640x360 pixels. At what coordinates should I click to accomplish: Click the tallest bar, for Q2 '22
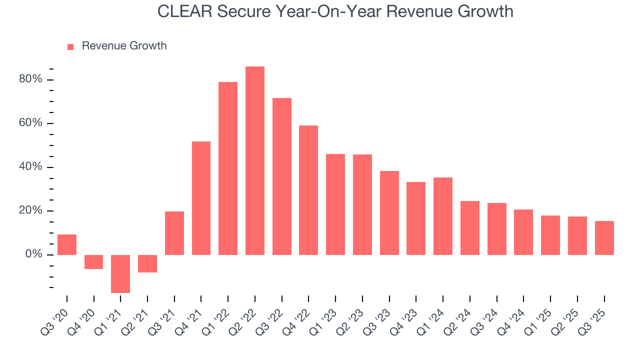point(254,160)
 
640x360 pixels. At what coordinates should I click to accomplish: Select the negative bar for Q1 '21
point(120,273)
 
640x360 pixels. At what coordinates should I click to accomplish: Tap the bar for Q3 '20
point(67,244)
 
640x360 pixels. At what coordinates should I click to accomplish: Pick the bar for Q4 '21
point(201,198)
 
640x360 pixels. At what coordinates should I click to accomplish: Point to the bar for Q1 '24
point(443,216)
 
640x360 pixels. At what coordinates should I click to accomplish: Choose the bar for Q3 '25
point(604,238)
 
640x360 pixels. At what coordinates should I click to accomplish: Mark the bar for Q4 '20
point(93,262)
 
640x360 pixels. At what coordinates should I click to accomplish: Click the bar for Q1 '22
point(228,168)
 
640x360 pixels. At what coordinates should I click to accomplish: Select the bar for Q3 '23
point(389,213)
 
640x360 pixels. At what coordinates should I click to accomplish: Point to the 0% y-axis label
point(34,254)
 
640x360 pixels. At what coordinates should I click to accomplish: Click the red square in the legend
point(70,46)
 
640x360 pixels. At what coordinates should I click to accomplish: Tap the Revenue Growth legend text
point(124,46)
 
